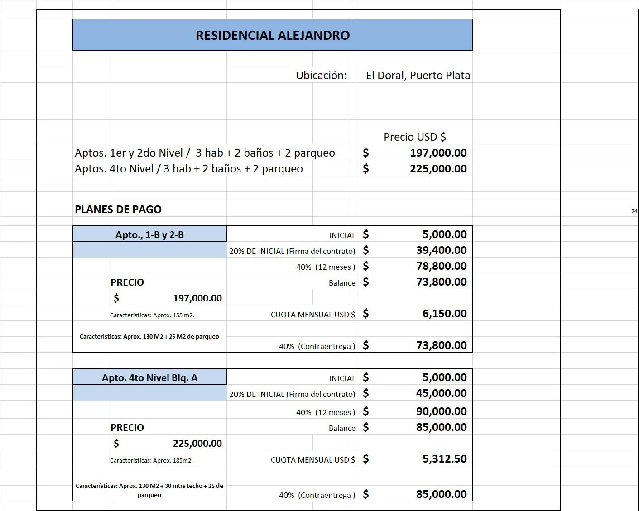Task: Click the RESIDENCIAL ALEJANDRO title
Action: pyautogui.click(x=272, y=35)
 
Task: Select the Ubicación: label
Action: pyautogui.click(x=321, y=76)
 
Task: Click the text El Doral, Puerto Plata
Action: pyautogui.click(x=418, y=76)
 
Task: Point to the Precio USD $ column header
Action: pyautogui.click(x=414, y=137)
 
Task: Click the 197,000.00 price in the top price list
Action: pyautogui.click(x=438, y=153)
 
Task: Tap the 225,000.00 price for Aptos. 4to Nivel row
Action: pyautogui.click(x=438, y=169)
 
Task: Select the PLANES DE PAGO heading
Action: pyautogui.click(x=118, y=210)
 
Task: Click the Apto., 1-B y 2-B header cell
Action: pyautogui.click(x=149, y=234)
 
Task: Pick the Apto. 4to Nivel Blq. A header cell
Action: pyautogui.click(x=149, y=377)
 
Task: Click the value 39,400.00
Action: pyautogui.click(x=441, y=250)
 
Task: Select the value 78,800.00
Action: pyautogui.click(x=441, y=266)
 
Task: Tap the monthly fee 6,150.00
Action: pyautogui.click(x=444, y=314)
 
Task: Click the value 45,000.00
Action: pyautogui.click(x=441, y=393)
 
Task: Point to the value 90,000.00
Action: pyautogui.click(x=441, y=411)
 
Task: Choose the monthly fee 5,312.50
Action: pyautogui.click(x=444, y=459)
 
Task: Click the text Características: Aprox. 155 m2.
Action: pyautogui.click(x=152, y=315)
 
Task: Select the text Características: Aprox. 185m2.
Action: pyautogui.click(x=151, y=461)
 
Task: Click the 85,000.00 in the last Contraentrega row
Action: pyautogui.click(x=441, y=494)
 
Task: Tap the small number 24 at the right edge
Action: pyautogui.click(x=634, y=211)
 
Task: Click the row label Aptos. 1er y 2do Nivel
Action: pyautogui.click(x=129, y=153)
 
